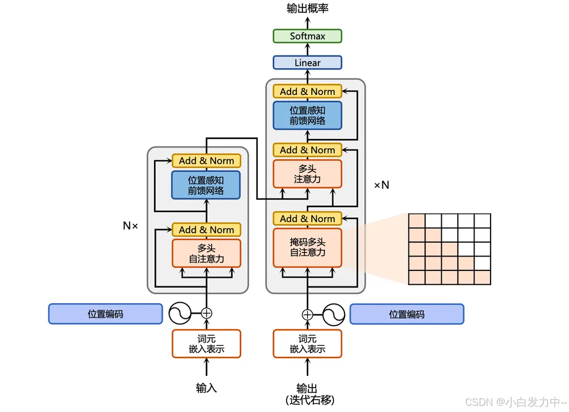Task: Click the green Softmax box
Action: click(x=307, y=36)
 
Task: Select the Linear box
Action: click(x=307, y=63)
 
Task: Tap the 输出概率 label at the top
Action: click(x=307, y=9)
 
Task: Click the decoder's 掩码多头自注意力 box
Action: click(x=307, y=248)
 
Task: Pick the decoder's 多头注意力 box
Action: click(x=307, y=174)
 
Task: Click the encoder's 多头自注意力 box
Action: click(x=206, y=254)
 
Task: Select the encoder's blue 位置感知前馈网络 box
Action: click(x=206, y=185)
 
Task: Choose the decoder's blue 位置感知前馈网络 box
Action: click(x=307, y=115)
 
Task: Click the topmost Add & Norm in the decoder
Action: click(x=307, y=92)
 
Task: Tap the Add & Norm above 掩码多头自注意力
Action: click(x=307, y=219)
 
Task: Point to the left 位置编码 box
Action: click(x=106, y=314)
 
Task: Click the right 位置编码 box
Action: click(x=407, y=314)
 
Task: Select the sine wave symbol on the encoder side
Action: click(x=180, y=313)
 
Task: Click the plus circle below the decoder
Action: click(x=307, y=315)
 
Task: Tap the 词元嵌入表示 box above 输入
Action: click(x=206, y=344)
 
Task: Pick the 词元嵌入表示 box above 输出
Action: click(x=307, y=344)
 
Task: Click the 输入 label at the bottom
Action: click(x=206, y=388)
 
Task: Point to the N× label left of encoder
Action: click(x=130, y=226)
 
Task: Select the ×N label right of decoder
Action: click(x=382, y=185)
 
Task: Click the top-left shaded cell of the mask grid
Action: click(x=416, y=220)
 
